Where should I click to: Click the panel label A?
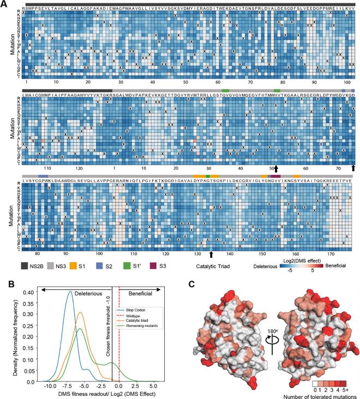coord(4,4)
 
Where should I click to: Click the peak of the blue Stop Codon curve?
coord(70,292)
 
